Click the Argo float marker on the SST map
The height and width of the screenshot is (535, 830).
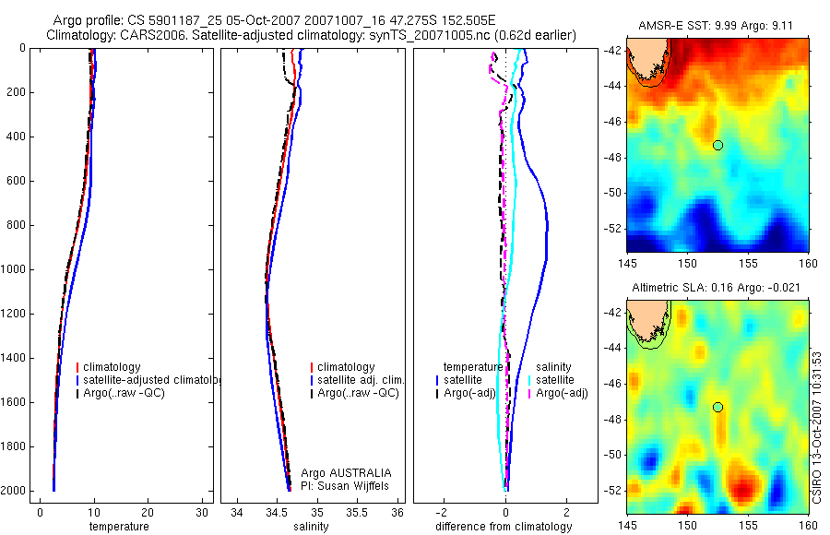coord(717,145)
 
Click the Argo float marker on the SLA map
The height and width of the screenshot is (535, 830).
coord(717,407)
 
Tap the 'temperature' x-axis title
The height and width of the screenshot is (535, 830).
coord(118,527)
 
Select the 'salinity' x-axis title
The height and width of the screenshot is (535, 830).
coord(311,527)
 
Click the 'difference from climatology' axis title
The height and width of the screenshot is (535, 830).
coord(504,527)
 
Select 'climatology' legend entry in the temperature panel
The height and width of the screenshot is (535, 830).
coord(115,366)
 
